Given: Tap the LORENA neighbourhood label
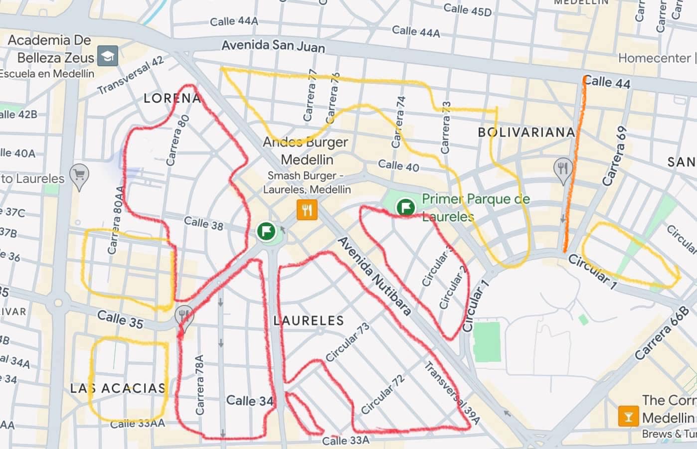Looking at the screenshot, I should click(172, 98).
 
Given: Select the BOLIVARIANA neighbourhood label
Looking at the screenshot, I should click(526, 133).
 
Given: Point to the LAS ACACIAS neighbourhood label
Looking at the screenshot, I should click(118, 388).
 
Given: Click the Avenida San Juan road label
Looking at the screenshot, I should click(273, 46).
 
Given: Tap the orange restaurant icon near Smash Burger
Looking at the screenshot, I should click(307, 210).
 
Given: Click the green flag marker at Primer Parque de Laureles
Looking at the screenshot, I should click(406, 206).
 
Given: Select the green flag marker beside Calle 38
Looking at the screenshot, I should click(267, 231).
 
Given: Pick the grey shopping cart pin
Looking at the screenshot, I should click(79, 175).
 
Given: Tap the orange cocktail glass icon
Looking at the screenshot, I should click(628, 416).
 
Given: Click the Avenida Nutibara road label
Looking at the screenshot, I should click(375, 277).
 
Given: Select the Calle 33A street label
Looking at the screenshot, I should click(346, 441).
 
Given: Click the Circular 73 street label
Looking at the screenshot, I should click(348, 342).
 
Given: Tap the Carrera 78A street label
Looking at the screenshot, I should click(199, 385).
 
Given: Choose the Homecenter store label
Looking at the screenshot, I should click(654, 58).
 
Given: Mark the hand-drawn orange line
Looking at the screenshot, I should click(574, 164).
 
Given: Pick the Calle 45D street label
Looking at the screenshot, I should click(467, 9).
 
